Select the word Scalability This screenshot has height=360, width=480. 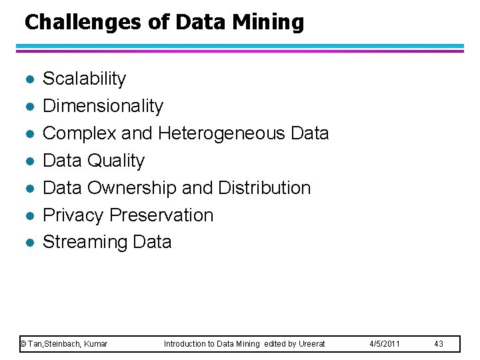click(x=84, y=79)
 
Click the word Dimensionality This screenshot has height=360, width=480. click(x=103, y=106)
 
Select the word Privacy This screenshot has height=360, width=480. click(x=73, y=215)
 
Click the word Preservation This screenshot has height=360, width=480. click(x=161, y=215)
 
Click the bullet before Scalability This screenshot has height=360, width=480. click(x=27, y=79)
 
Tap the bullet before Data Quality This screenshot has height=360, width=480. click(x=27, y=161)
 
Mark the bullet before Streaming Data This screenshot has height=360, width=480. click(x=27, y=243)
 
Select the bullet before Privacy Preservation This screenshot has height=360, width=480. click(x=27, y=216)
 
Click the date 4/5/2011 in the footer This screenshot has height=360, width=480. click(x=384, y=344)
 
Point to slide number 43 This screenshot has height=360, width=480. click(x=439, y=344)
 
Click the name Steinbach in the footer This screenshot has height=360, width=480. click(x=64, y=344)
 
